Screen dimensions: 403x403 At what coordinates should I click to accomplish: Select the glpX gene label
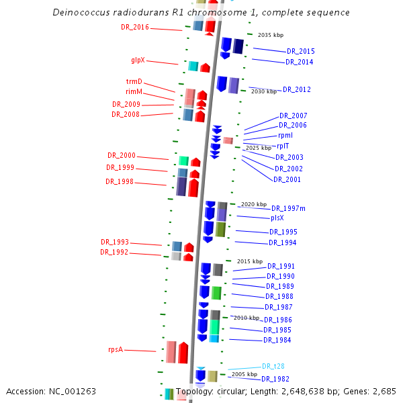pos(138,60)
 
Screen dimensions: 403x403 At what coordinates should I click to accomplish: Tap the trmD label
pos(134,82)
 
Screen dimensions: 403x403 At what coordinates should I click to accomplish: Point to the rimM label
pos(134,91)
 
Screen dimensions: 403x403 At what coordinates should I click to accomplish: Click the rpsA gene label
pos(116,349)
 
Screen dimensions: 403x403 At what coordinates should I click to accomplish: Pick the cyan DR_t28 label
pos(273,366)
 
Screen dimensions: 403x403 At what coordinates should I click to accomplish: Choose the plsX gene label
pos(277,218)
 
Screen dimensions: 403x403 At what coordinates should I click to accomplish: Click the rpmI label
pos(285,135)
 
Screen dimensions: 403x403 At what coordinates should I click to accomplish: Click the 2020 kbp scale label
pos(254,204)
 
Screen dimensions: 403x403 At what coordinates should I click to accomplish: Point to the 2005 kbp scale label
pos(244,374)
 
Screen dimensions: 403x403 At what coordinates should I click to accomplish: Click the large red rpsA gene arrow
pos(183,353)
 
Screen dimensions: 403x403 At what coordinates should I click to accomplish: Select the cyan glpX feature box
pos(193,66)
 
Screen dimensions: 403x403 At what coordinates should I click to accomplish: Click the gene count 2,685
pos(385,391)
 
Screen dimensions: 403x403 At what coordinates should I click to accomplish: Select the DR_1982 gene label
pos(275,379)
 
